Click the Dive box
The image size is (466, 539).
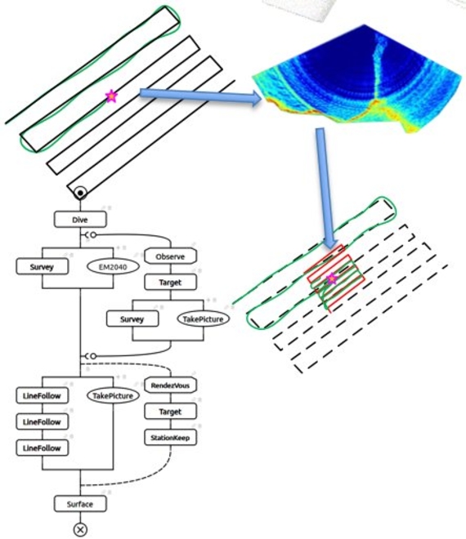[x=80, y=220]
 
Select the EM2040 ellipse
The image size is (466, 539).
[x=113, y=267]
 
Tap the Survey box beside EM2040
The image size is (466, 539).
[x=42, y=267]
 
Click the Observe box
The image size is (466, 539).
[x=170, y=256]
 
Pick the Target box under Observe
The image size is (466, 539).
[x=170, y=283]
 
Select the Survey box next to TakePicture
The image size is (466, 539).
[x=132, y=319]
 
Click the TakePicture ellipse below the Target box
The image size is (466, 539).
[x=203, y=319]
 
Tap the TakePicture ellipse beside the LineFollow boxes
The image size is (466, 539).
[x=113, y=395]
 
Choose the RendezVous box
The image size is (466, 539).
[x=170, y=385]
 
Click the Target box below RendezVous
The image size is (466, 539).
[x=170, y=412]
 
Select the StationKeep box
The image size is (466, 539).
[x=170, y=438]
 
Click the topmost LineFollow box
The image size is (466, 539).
[x=42, y=395]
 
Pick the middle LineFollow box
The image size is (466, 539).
[x=42, y=421]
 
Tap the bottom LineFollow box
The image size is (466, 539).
[x=42, y=448]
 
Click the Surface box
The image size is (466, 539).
[x=80, y=504]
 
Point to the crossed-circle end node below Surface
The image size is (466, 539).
[x=80, y=529]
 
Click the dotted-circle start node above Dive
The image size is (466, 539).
[x=80, y=193]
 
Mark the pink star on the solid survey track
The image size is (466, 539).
[x=111, y=96]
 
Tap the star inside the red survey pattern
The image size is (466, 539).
[x=331, y=278]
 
